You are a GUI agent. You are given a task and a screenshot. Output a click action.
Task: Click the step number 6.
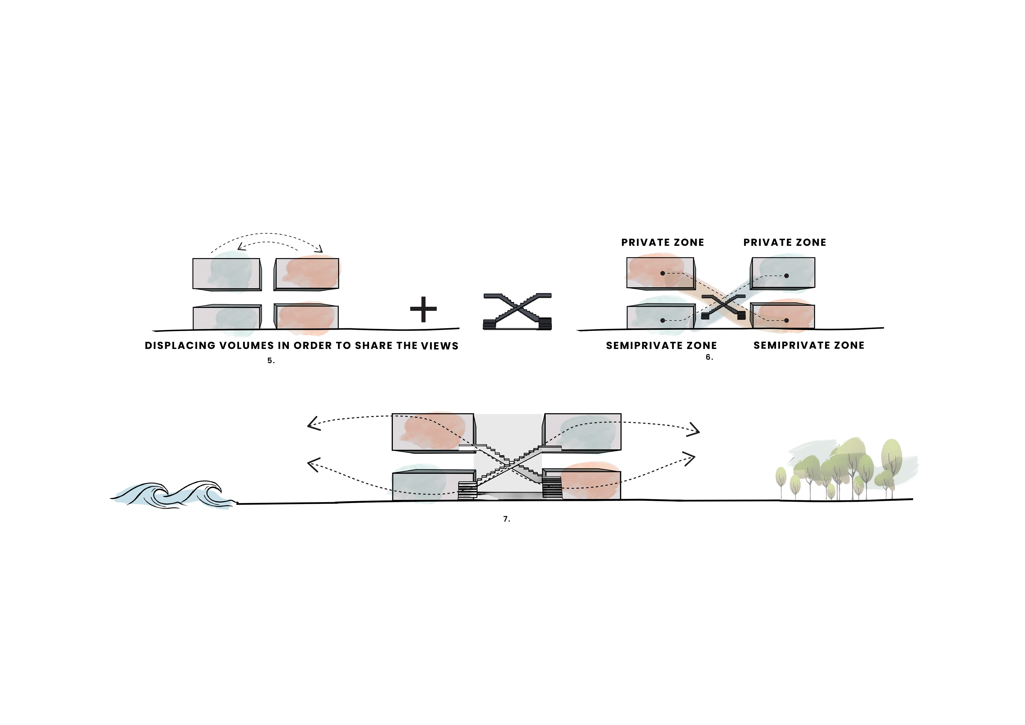709,357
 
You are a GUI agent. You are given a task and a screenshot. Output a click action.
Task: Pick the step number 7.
506,519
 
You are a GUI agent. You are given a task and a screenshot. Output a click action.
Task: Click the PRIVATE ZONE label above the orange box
662,242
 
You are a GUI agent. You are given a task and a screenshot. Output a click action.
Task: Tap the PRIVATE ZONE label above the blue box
784,242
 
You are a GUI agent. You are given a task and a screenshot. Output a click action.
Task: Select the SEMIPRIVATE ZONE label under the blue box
661,346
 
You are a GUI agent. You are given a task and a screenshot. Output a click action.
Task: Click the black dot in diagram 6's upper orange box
662,273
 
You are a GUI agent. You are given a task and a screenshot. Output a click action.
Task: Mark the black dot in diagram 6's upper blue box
786,276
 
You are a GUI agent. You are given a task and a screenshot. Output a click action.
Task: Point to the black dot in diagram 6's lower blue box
662,321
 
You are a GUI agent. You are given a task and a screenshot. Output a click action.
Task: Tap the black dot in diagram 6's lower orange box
786,321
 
